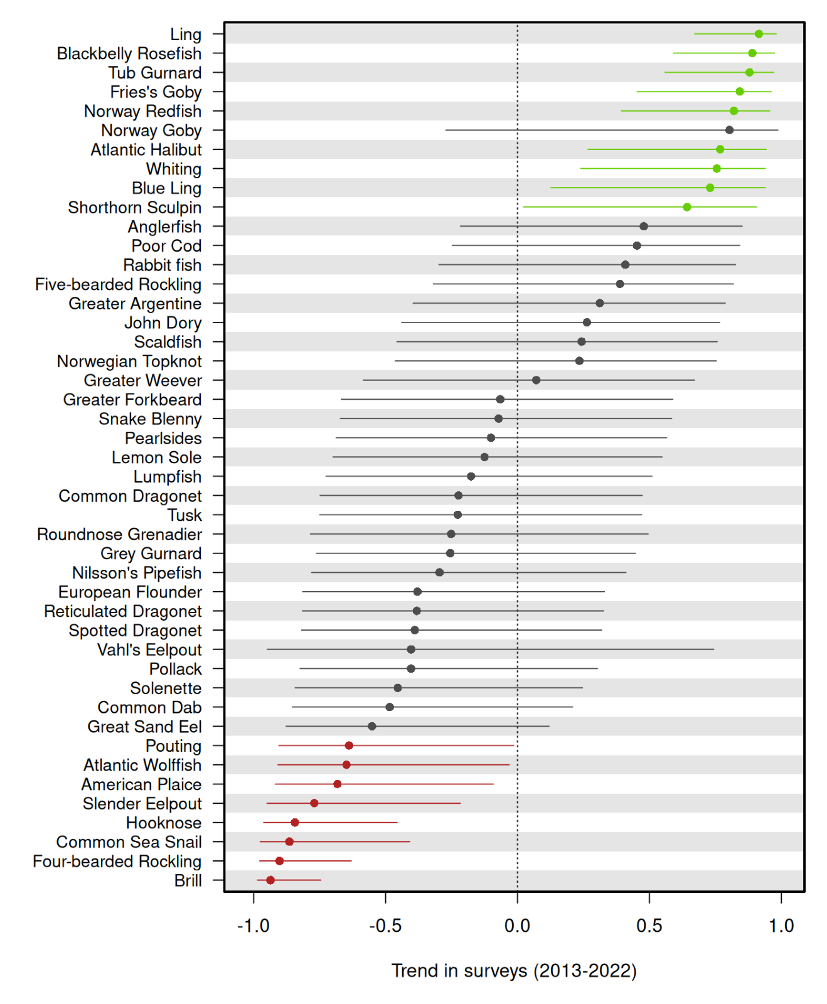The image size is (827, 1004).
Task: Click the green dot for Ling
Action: click(759, 34)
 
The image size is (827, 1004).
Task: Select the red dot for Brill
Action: click(270, 880)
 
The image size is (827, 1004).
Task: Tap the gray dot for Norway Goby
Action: click(729, 130)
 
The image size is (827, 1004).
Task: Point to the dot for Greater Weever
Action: click(536, 380)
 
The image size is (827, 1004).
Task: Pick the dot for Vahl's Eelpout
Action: click(411, 649)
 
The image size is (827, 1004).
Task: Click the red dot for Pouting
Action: click(349, 745)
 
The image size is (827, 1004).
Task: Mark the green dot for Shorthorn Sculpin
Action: click(687, 207)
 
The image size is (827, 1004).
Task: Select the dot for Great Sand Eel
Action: click(372, 726)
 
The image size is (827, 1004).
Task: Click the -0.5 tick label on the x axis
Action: click(385, 926)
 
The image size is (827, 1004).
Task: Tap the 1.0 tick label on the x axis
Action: click(781, 926)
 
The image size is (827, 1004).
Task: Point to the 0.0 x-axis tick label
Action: click(518, 926)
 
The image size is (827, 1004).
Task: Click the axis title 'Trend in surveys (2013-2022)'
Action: click(515, 971)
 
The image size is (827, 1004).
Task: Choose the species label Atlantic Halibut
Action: click(146, 149)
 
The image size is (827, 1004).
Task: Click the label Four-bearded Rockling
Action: click(117, 862)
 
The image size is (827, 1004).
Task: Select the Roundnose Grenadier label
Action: click(120, 534)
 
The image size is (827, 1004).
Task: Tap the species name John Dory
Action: click(163, 323)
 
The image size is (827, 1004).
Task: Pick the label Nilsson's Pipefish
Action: click(137, 573)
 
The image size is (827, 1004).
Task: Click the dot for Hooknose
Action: click(295, 823)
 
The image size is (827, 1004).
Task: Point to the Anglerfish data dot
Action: click(644, 226)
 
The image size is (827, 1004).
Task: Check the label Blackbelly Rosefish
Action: click(129, 53)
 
